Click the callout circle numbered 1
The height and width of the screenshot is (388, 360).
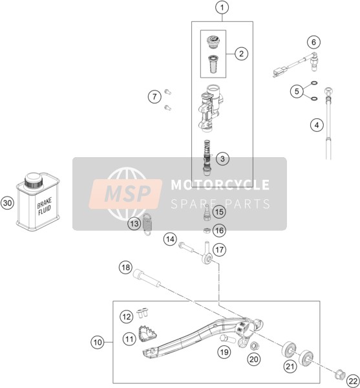tap(222, 8)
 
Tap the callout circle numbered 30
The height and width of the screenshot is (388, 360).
tap(7, 203)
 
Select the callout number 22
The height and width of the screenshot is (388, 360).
tap(353, 381)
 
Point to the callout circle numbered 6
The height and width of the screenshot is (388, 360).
tap(313, 42)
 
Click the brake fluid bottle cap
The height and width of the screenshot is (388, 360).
tap(34, 180)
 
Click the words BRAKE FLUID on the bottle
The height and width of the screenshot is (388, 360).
tap(45, 207)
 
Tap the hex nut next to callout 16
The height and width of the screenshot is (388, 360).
tap(207, 230)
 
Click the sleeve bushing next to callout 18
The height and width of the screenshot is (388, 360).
tap(147, 278)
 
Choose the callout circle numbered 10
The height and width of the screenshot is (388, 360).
tap(98, 343)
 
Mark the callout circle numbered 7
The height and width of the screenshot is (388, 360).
tap(154, 96)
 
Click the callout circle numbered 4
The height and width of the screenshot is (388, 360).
tap(317, 125)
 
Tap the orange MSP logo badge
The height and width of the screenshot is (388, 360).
tap(125, 193)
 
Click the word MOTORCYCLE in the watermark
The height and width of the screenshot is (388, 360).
tap(220, 184)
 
